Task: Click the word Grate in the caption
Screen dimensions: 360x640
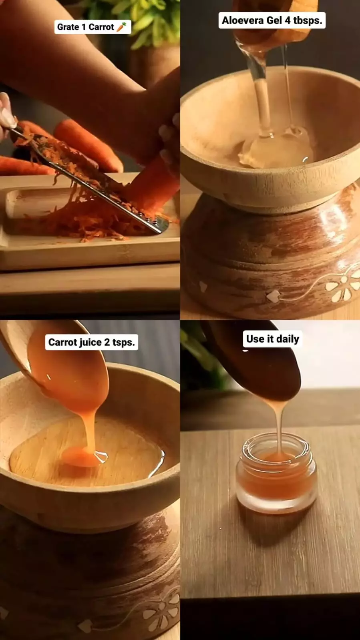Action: (68, 27)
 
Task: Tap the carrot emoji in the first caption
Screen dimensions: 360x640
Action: (121, 26)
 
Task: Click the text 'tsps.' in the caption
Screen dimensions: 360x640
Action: (123, 343)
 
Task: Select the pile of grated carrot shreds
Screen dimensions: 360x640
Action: (86, 217)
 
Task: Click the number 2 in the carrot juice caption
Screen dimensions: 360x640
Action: (107, 342)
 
